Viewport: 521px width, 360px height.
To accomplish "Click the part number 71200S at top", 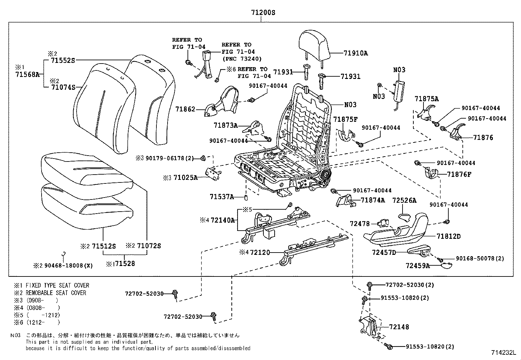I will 263,13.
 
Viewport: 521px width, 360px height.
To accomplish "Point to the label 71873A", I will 226,125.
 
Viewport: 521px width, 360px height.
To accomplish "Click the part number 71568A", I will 27,74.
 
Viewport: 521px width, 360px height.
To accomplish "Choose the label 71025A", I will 186,178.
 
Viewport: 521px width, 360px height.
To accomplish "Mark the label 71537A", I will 222,197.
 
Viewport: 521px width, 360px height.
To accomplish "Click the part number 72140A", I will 223,220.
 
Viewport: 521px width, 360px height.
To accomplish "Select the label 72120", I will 260,252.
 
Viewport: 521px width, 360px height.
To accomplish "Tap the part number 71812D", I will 448,236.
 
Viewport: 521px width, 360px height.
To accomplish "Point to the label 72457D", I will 384,252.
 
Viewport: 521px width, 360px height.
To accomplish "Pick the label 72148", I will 399,327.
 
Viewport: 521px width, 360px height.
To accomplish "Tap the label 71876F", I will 459,174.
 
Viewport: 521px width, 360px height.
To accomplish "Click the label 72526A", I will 404,200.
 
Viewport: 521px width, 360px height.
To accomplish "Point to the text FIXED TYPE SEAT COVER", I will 57,285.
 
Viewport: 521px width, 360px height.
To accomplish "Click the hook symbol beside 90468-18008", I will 64,254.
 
